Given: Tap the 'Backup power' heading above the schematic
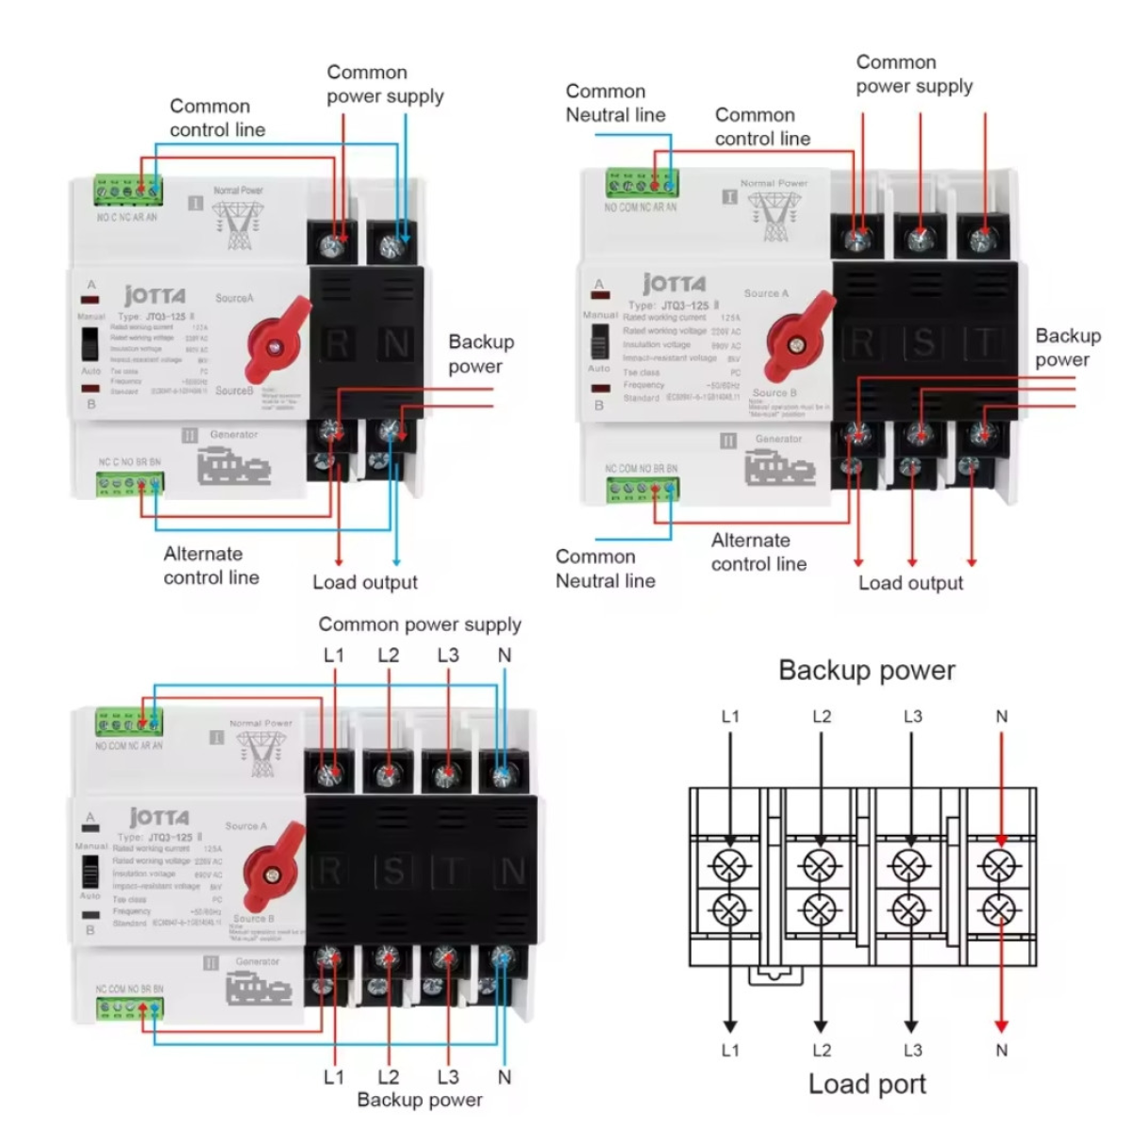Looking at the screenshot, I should pos(866,671).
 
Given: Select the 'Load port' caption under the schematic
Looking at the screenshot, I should pos(867,1084).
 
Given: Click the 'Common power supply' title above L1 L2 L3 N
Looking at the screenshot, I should pos(419,624).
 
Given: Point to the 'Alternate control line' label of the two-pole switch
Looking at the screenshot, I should pos(211,565).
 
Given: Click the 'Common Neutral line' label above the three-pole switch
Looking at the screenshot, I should pos(615,103).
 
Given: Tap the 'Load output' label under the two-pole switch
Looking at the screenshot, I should pos(365,582).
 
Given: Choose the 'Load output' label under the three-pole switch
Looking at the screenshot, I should pos(910,583).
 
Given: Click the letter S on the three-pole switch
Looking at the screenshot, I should pos(922,342).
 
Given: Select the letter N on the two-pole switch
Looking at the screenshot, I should pos(395,345).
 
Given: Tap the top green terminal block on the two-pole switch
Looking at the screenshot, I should pos(127,191).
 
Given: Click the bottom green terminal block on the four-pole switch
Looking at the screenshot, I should pos(129,1008).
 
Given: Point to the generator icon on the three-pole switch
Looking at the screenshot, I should pos(779,468).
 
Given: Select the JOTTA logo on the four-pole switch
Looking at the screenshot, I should pos(158,817).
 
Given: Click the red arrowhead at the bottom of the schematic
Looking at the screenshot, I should pos(1001,1026).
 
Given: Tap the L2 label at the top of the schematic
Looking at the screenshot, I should pos(822,717).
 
